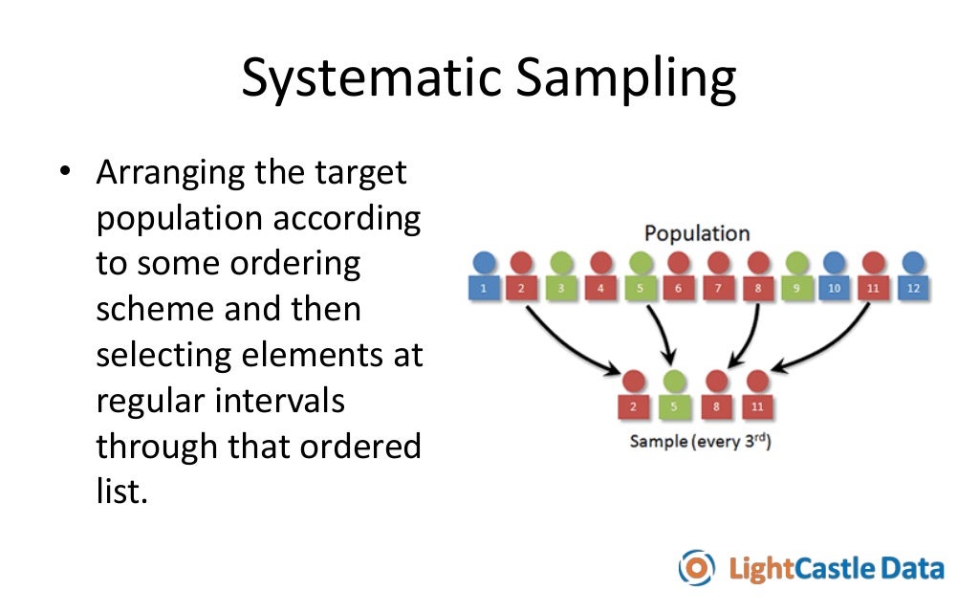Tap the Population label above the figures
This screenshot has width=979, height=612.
(696, 233)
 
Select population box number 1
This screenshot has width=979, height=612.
(485, 287)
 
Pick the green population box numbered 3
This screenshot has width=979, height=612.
(562, 287)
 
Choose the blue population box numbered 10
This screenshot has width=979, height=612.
(834, 287)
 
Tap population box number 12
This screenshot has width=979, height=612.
(913, 287)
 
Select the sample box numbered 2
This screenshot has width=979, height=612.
(632, 406)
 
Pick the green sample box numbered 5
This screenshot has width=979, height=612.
(674, 406)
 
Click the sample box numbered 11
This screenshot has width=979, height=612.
(758, 406)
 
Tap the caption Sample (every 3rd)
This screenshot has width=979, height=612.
(700, 443)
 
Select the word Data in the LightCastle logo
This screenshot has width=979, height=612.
(912, 568)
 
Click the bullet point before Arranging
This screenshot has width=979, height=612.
(65, 173)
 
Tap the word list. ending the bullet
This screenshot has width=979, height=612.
(122, 492)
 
